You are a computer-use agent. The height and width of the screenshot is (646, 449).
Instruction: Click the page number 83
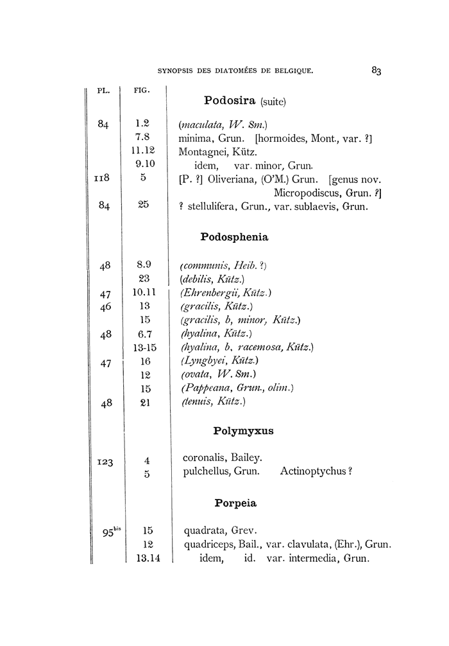pyautogui.click(x=376, y=71)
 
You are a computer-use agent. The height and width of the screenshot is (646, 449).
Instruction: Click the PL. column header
pyautogui.click(x=103, y=91)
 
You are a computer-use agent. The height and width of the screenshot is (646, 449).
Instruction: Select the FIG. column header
pyautogui.click(x=142, y=91)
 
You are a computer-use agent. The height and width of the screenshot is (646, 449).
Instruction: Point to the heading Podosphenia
pyautogui.click(x=234, y=237)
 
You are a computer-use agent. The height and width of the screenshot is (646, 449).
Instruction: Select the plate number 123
pyautogui.click(x=103, y=461)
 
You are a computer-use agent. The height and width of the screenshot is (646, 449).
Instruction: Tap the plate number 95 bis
pyautogui.click(x=106, y=531)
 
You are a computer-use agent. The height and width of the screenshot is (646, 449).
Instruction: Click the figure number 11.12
pyautogui.click(x=144, y=150)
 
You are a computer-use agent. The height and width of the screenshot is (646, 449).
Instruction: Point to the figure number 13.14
pyautogui.click(x=148, y=559)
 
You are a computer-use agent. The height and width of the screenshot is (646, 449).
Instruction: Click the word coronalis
pyautogui.click(x=204, y=458)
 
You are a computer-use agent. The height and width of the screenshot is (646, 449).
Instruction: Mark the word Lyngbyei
pyautogui.click(x=205, y=362)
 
